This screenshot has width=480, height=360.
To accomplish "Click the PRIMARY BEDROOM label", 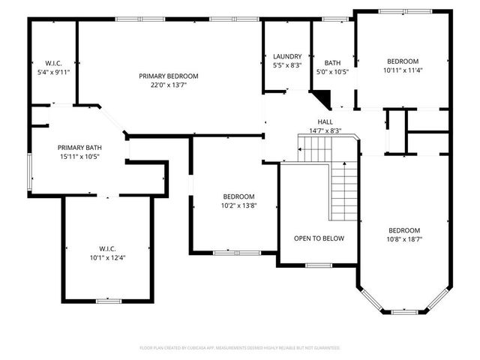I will click(169, 76).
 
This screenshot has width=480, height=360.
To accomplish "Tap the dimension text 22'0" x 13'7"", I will click(169, 85).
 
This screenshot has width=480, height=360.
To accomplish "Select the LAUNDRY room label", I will click(287, 56).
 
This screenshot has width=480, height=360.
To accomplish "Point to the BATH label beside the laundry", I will click(332, 63).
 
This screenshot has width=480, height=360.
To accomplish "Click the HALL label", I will click(325, 121).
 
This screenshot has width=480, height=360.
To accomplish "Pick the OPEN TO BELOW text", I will click(319, 238).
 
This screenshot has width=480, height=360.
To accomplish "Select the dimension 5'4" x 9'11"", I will click(53, 73).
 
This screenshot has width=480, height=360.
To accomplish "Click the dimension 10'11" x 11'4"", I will click(403, 70).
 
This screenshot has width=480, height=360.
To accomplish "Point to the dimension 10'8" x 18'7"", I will click(403, 239).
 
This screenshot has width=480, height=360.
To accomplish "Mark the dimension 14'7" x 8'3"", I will click(325, 130).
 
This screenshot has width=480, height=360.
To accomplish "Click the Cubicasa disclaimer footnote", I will click(240, 348).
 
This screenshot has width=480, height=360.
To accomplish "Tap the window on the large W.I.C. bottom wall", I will click(108, 301).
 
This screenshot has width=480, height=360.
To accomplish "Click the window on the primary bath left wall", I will click(29, 169).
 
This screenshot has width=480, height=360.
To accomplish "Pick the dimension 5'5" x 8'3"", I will click(287, 65).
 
